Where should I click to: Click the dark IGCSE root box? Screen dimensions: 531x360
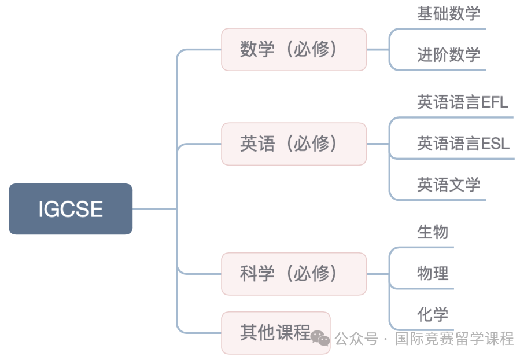pos(71,209)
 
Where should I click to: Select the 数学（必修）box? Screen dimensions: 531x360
pos(294,50)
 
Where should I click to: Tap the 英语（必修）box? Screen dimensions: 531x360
pos(294,144)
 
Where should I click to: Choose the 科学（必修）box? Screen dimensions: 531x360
pos(294,274)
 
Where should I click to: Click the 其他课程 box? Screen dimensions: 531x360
pos(276,333)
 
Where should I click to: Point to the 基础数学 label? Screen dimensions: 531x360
pos(449,13)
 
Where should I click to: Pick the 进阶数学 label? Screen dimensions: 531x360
pos(449,54)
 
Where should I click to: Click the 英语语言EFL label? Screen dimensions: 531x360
pos(463,102)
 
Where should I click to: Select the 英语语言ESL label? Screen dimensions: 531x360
pos(463,144)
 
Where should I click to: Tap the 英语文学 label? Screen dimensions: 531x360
pos(449,185)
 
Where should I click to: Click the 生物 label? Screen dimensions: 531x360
pos(433,232)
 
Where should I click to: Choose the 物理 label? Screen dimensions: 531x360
pos(433,273)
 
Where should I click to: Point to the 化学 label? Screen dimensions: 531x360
pos(433,314)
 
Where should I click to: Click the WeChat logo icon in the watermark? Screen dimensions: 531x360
pos(320,338)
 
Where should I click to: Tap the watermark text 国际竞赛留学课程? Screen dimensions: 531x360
pos(455,339)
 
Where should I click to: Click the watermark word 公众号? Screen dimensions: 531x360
pos(356,339)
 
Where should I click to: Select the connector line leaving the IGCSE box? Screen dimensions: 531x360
pos(154,209)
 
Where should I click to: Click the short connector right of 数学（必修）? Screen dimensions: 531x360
pos(378,50)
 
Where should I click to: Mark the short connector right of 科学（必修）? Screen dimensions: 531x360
pos(378,274)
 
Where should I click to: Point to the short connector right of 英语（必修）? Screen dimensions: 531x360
pos(378,144)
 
